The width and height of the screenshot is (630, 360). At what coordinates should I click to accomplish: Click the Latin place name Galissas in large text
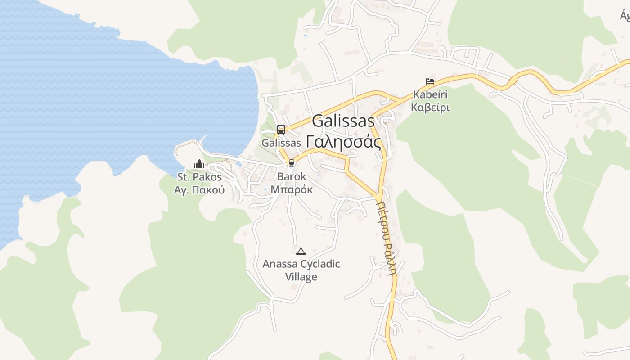tap(343, 121)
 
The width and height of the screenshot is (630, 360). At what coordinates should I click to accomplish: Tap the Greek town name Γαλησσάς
tap(343, 142)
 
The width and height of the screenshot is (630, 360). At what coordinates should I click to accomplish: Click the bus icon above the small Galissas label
tap(281, 130)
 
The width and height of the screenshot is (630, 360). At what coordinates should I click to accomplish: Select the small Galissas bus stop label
tap(281, 143)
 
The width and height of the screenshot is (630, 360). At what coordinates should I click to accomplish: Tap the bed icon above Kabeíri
tap(430, 81)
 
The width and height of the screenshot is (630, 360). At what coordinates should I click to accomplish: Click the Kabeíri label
tap(431, 95)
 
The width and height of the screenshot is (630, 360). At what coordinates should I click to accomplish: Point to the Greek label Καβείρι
tap(431, 108)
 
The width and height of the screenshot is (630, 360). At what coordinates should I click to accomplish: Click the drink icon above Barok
tap(292, 163)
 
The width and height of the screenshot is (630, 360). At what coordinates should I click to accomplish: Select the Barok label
tap(292, 176)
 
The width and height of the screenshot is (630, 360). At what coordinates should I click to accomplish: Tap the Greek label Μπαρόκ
tap(292, 189)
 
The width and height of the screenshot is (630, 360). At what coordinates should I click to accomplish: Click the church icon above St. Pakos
tap(199, 164)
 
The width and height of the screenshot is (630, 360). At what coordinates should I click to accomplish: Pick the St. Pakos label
tap(199, 177)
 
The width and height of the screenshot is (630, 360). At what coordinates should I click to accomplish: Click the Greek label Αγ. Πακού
tap(199, 189)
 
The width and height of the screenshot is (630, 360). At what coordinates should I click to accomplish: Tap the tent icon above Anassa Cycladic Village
tap(301, 251)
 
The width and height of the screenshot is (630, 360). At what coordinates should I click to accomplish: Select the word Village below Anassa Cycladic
tap(301, 276)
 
